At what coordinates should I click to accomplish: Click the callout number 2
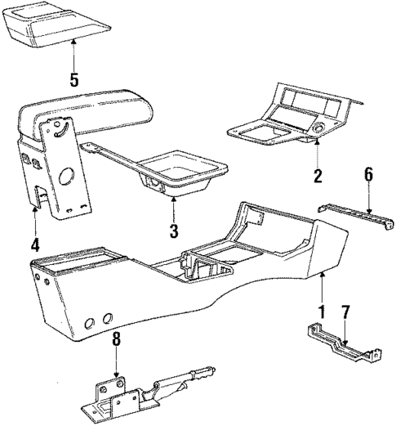(x=318, y=174)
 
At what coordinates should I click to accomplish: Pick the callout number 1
(x=321, y=311)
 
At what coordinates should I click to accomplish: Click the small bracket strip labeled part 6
(x=354, y=217)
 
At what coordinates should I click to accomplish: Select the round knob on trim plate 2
(x=319, y=128)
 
